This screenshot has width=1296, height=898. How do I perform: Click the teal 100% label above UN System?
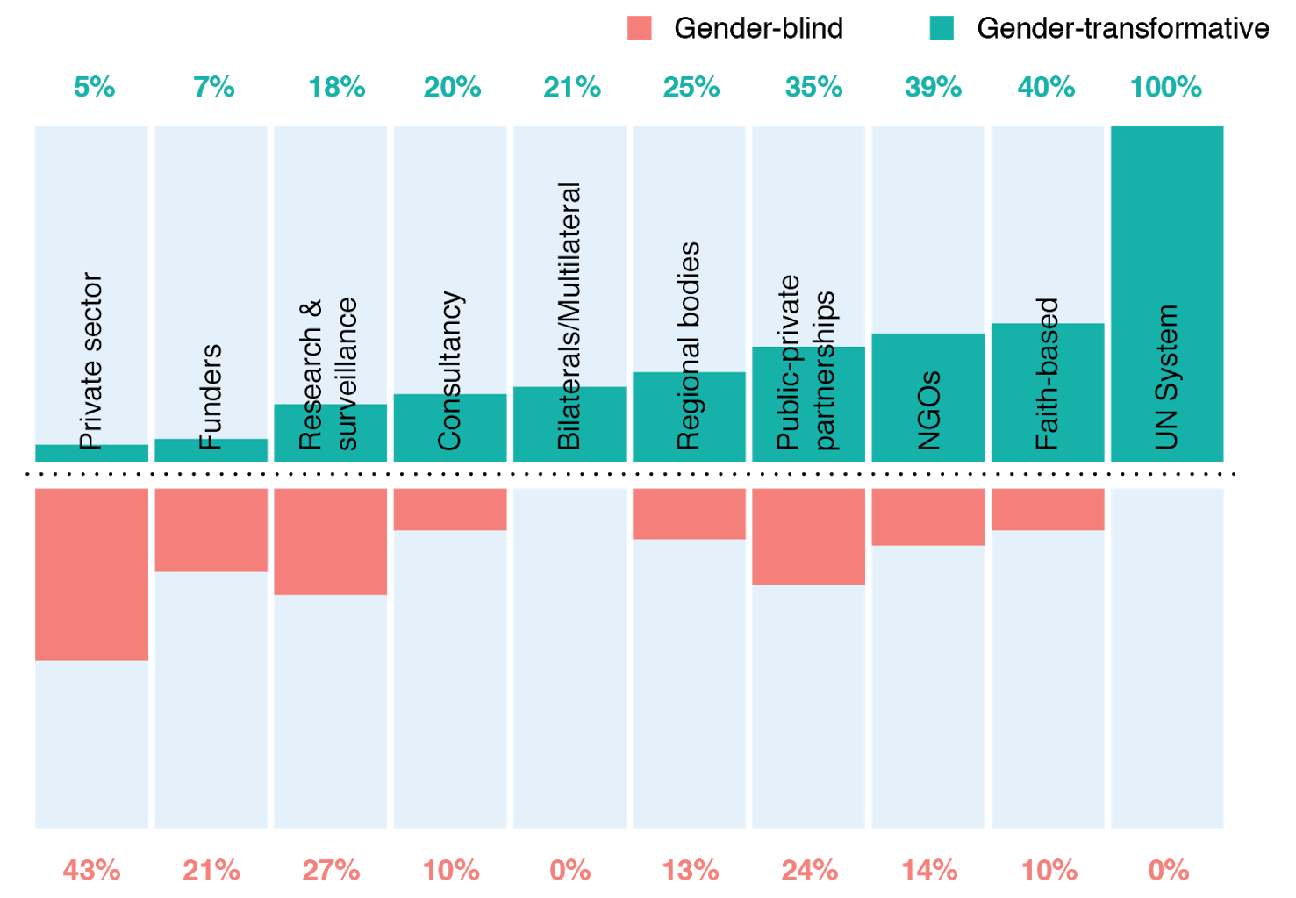[x=1165, y=88]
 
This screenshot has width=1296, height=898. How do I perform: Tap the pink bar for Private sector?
[x=91, y=574]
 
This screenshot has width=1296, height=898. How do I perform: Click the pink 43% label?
[x=91, y=871]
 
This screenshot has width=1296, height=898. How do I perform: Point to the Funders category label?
[x=211, y=397]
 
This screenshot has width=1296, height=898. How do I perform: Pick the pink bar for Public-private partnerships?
[x=808, y=536]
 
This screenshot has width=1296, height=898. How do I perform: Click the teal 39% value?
[x=933, y=88]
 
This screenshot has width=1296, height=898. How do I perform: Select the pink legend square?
[x=640, y=29]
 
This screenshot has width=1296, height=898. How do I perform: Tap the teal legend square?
[x=942, y=29]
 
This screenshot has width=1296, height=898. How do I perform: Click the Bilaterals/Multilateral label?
[x=569, y=316]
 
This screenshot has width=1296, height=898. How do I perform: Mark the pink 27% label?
[x=331, y=871]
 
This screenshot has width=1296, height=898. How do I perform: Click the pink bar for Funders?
[x=211, y=530]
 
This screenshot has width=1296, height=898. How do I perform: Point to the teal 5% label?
[x=94, y=88]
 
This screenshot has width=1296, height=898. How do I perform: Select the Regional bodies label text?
[x=689, y=346]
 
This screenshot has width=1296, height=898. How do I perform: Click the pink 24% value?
[x=809, y=871]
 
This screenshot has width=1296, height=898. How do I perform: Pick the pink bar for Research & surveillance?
[x=330, y=542]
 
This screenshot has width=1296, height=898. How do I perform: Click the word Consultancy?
[x=450, y=370]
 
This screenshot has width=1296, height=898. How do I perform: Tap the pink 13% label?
[x=690, y=871]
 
